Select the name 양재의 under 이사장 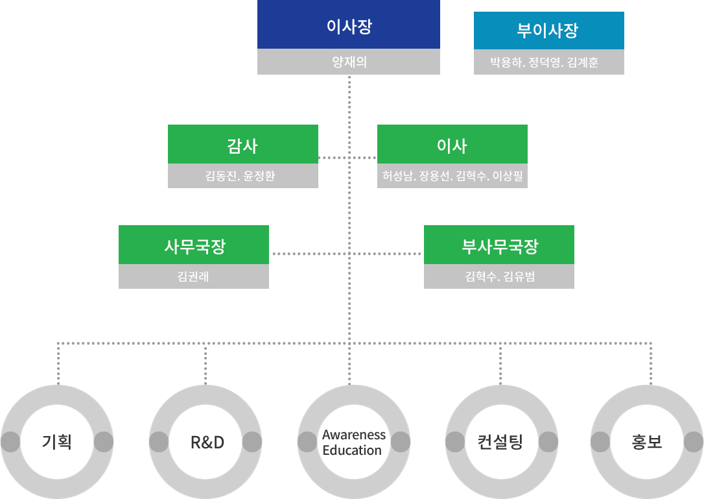tap(349, 62)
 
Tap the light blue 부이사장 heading tap(548, 30)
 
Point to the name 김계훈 tap(582, 63)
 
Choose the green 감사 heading tap(242, 145)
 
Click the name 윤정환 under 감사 tap(259, 176)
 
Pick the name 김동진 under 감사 tap(221, 176)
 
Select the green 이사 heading tap(452, 145)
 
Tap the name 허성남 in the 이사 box tap(398, 176)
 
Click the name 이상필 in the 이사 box tap(507, 176)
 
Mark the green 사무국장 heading tap(194, 245)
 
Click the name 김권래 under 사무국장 tap(193, 277)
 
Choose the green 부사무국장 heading tap(499, 245)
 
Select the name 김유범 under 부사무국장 tap(519, 277)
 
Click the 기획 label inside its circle tap(57, 443)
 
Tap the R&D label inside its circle tap(207, 443)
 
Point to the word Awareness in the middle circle tap(354, 435)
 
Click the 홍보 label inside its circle tap(646, 443)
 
